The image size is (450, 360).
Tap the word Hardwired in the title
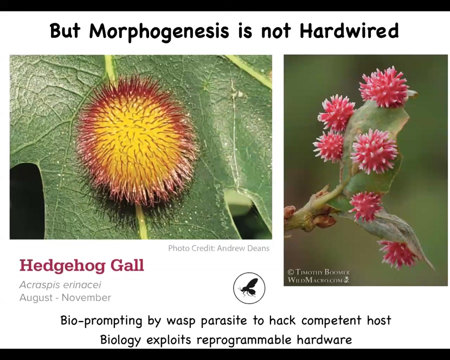tap(349, 30)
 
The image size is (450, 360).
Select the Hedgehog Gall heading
tap(81, 266)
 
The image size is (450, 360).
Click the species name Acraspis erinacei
tap(60, 285)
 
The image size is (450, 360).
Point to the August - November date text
tap(65, 297)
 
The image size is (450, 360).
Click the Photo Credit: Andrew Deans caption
tap(218, 248)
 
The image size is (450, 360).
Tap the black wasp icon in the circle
tap(249, 288)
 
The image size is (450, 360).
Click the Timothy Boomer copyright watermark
tap(318, 276)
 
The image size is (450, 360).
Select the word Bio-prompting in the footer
tap(101, 320)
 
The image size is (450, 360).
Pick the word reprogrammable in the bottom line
tap(243, 340)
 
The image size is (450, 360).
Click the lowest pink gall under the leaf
tap(397, 254)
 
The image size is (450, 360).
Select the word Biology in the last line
tap(120, 340)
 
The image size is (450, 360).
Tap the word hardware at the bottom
tap(324, 340)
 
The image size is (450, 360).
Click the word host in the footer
tap(379, 320)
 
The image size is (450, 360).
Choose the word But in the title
tap(65, 30)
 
